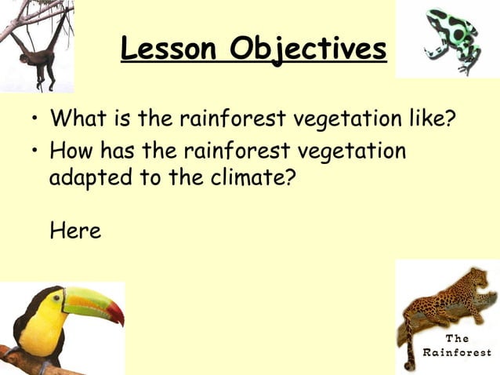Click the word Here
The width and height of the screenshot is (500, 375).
(74, 231)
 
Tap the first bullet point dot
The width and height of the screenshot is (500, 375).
(34, 122)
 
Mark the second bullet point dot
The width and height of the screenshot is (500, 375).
(34, 151)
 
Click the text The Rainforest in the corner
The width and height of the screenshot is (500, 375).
(456, 345)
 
